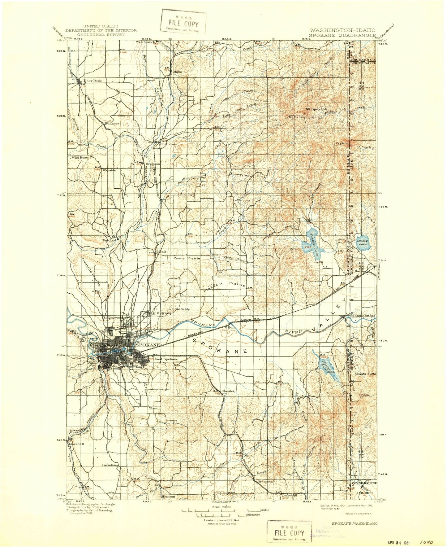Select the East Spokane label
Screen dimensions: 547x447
(x=166, y=359)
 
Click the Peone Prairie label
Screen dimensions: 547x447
(x=187, y=258)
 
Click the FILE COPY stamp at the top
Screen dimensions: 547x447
(x=183, y=23)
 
